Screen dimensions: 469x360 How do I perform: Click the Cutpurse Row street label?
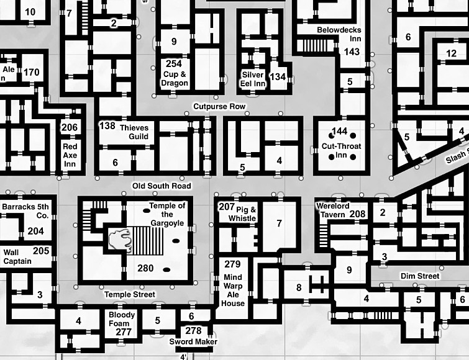[x=219, y=106]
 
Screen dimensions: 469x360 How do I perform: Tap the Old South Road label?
[x=162, y=186]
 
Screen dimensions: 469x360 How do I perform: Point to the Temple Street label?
[x=130, y=295]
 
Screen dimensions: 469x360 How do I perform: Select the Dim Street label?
[x=420, y=276]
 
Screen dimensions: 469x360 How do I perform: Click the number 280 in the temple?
[x=145, y=268]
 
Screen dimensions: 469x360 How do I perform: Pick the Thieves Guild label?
[x=134, y=132]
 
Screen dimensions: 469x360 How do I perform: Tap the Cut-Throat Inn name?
[x=341, y=151]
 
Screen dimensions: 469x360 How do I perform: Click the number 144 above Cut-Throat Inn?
[x=340, y=131]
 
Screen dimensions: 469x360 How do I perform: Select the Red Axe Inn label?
[x=70, y=155]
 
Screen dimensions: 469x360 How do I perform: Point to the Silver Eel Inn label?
[x=253, y=79]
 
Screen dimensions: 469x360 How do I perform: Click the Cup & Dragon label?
[x=175, y=79]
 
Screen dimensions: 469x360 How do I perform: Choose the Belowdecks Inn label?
[x=339, y=34]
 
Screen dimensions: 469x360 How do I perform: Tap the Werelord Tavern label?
[x=333, y=210]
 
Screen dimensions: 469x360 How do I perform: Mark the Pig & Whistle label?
[x=242, y=214]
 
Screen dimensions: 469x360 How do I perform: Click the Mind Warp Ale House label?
[x=233, y=290]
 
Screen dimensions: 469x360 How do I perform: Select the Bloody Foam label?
[x=121, y=319]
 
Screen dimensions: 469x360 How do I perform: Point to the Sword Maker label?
[x=193, y=341]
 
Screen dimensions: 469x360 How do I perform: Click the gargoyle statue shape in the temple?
[x=120, y=239]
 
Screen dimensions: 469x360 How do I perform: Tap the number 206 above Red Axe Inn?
[x=70, y=128]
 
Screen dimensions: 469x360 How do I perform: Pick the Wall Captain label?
[x=17, y=257]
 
